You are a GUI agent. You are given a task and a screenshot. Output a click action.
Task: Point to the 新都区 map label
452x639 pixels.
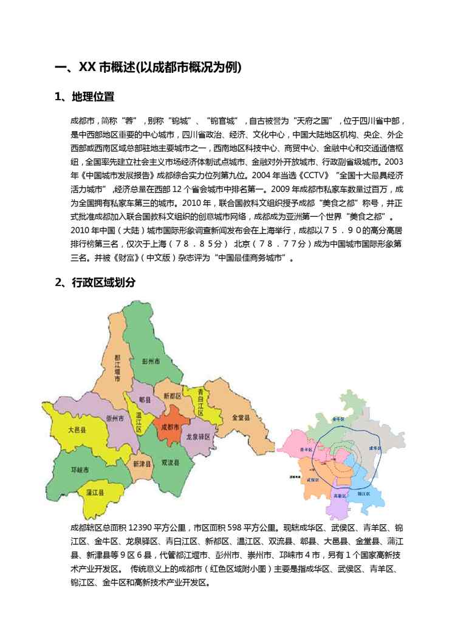[173, 395]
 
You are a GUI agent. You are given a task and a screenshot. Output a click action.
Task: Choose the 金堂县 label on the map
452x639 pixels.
[241, 418]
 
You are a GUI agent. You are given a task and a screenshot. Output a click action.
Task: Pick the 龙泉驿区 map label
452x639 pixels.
[197, 437]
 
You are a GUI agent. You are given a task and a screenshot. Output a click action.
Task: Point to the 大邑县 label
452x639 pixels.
[76, 429]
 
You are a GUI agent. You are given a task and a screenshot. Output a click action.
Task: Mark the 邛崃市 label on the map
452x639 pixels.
[80, 470]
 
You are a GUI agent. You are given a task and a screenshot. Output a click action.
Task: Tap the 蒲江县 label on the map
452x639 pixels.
[94, 490]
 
